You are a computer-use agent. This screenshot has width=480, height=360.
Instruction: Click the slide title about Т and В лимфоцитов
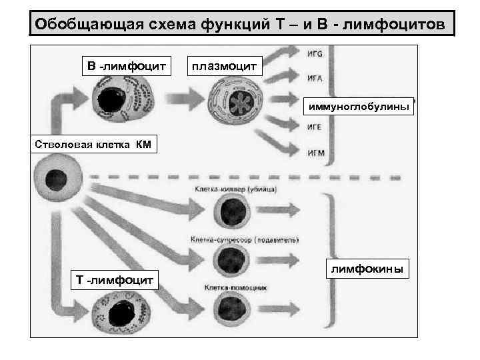tap(243, 24)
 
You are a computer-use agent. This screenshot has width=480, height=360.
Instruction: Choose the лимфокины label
tap(369, 268)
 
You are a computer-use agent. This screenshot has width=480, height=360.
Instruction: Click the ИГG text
tap(315, 54)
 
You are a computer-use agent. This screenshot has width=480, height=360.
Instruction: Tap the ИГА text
tap(315, 78)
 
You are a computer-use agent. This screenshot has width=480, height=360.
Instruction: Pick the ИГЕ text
tap(315, 126)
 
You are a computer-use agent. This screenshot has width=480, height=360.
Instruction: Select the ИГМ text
tap(316, 153)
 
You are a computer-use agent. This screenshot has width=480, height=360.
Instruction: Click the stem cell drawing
tap(55, 179)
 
